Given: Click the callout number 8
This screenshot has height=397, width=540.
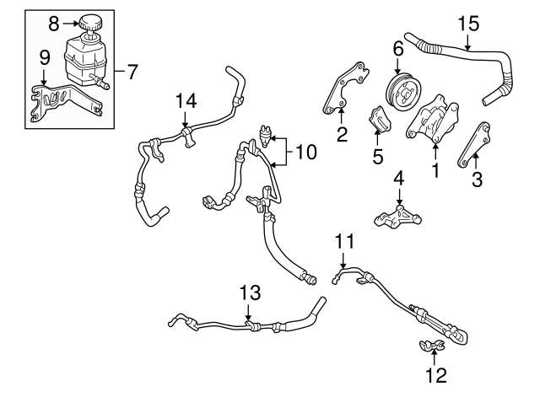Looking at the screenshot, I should [x=53, y=20].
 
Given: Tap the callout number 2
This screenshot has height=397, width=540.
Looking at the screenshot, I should [x=342, y=133].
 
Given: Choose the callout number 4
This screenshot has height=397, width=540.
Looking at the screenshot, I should [x=399, y=179].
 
